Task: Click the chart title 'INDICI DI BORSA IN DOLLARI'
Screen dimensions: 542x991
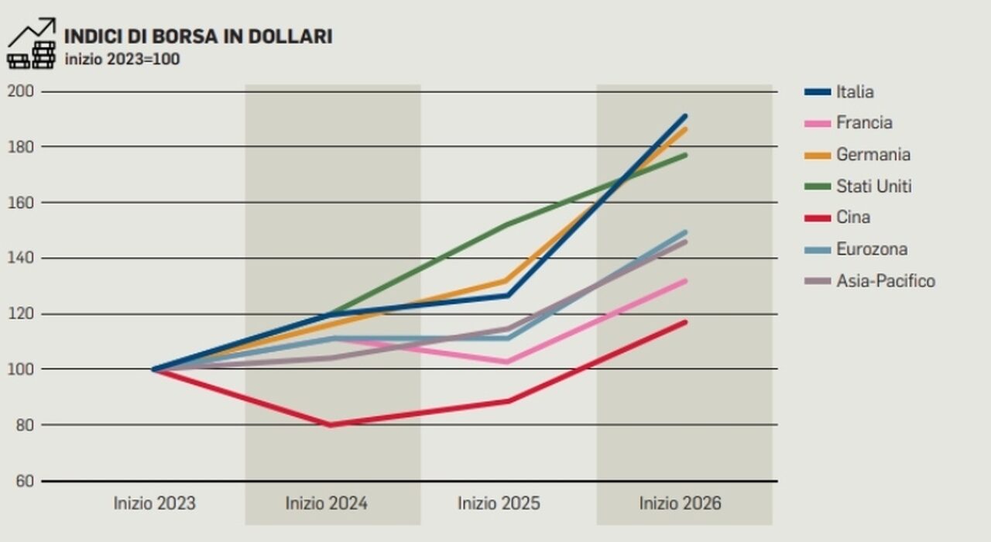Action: (198, 36)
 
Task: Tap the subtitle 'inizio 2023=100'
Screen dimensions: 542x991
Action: (122, 59)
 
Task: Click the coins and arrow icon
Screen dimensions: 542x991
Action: (32, 43)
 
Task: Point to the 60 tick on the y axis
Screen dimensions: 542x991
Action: (24, 481)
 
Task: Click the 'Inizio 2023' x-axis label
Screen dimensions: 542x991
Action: (155, 503)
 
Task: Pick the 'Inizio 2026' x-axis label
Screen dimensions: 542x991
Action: (680, 503)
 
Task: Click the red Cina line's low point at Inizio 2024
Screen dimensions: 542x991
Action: (331, 425)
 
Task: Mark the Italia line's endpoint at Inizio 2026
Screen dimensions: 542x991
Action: (685, 116)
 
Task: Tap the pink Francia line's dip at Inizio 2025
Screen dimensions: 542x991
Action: (507, 362)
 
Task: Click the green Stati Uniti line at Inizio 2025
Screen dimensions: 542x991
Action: (507, 225)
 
